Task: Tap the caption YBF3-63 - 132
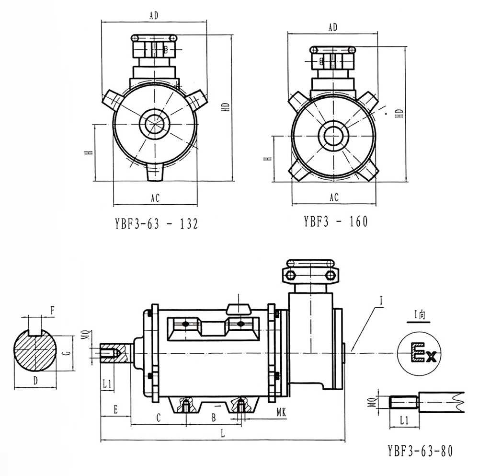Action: click(x=156, y=224)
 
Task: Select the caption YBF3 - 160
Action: click(x=335, y=221)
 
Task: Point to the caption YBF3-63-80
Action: click(x=420, y=451)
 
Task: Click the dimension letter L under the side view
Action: click(x=224, y=432)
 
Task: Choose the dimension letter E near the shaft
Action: click(x=115, y=410)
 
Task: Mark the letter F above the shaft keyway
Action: click(x=52, y=311)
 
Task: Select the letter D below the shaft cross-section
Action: click(x=35, y=381)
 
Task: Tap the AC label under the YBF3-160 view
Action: click(x=334, y=197)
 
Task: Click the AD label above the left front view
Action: click(x=154, y=16)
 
